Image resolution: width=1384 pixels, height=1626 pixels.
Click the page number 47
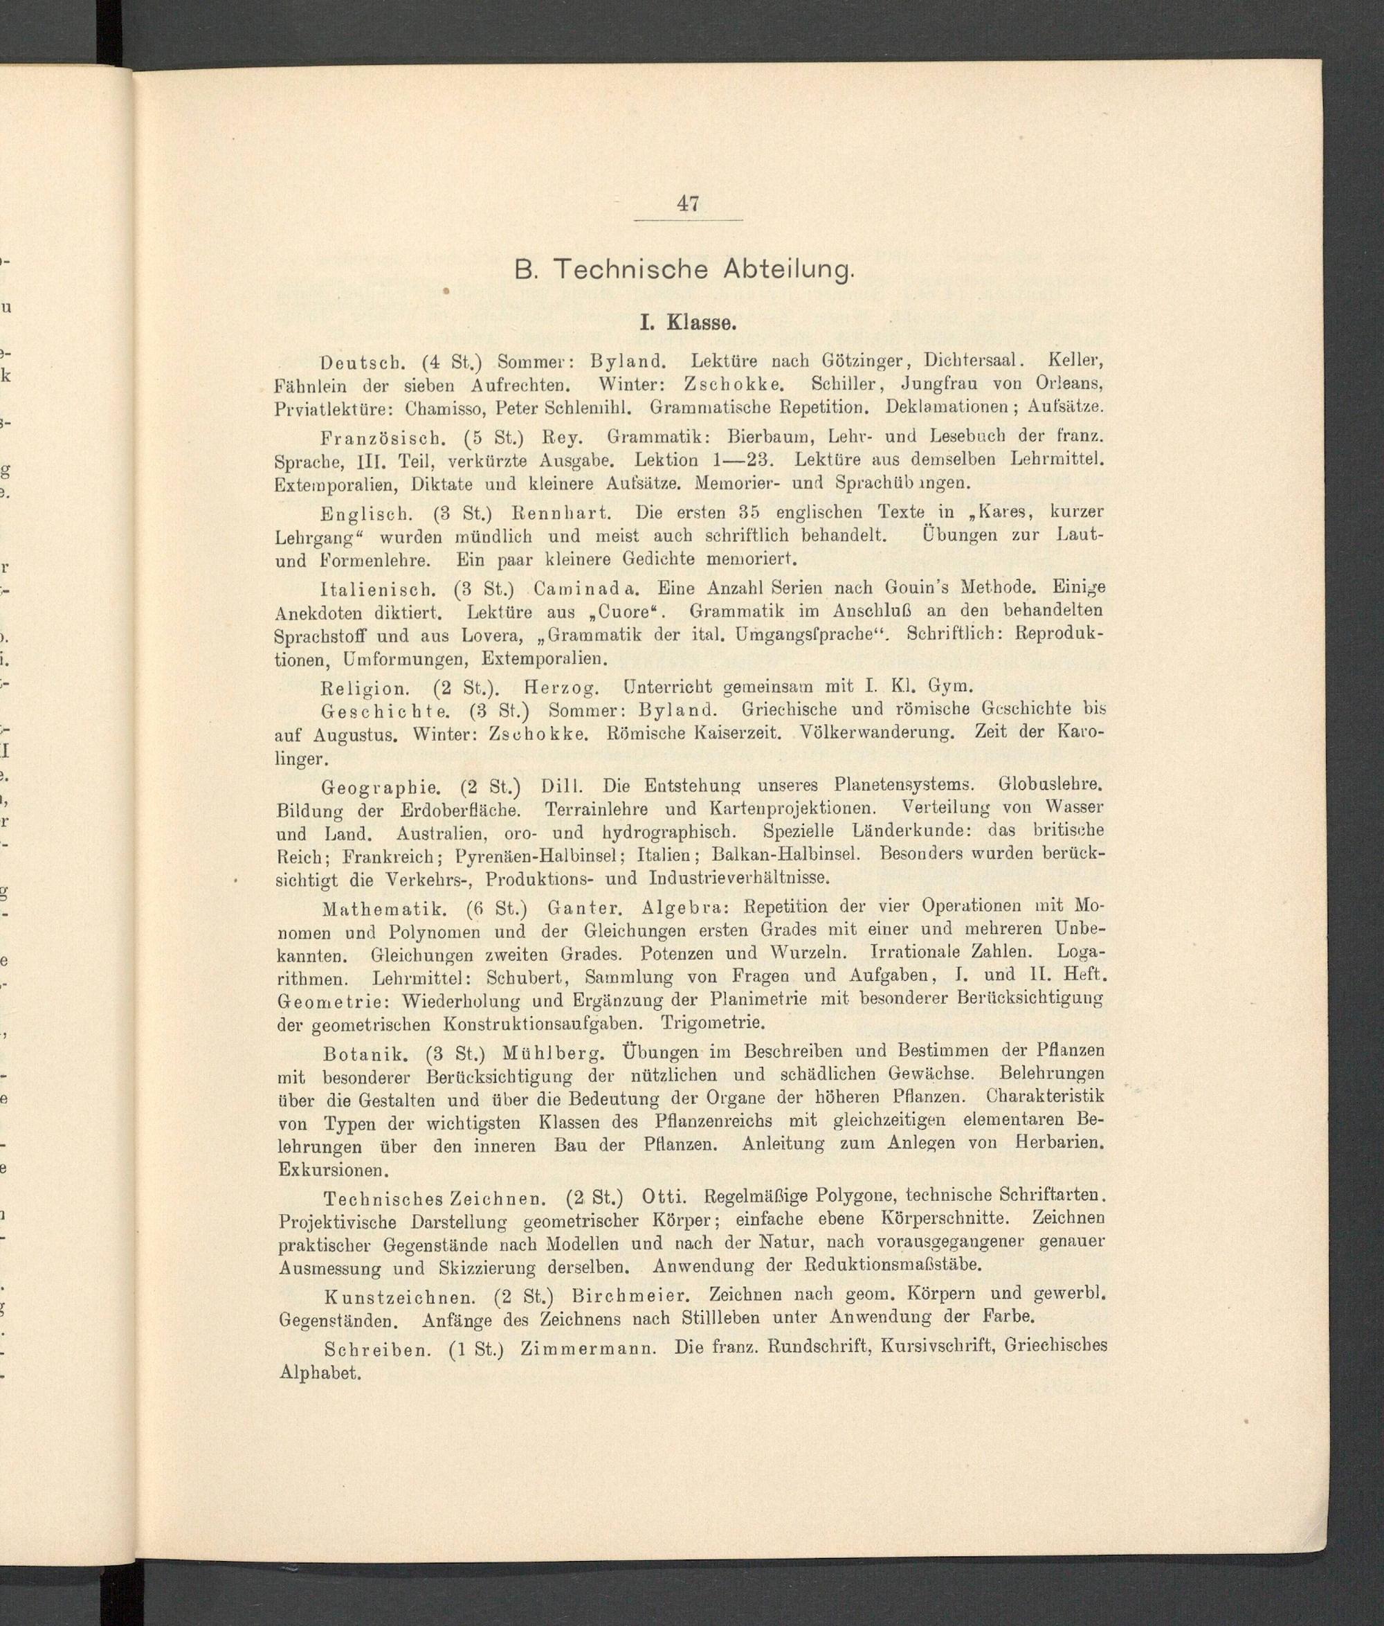(x=687, y=204)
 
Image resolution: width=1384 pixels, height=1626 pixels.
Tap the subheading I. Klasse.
(x=687, y=323)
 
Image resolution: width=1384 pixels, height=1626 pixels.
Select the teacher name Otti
(x=664, y=1198)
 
